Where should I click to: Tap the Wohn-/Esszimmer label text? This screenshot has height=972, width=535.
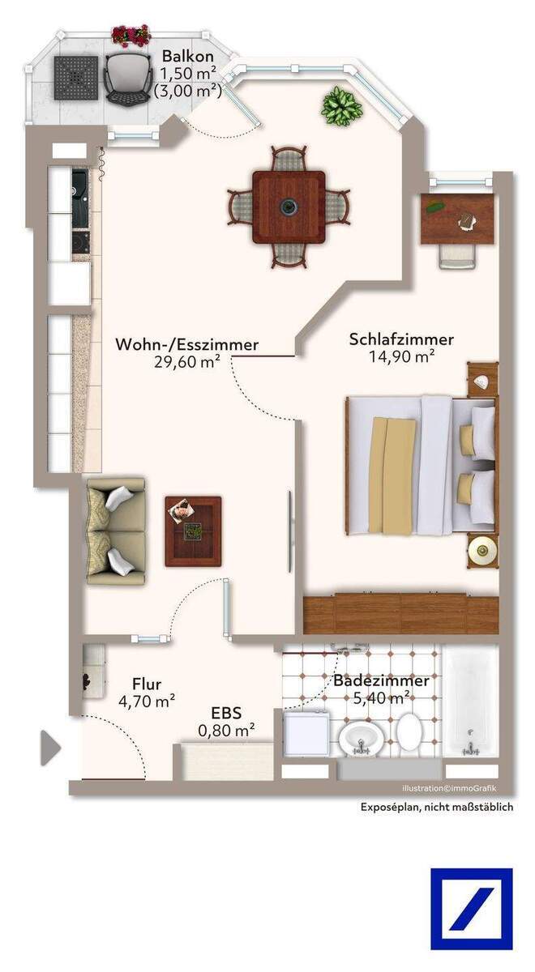(187, 344)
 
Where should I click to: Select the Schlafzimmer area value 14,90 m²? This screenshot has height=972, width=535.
(401, 356)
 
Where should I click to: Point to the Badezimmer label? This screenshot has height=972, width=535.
(381, 680)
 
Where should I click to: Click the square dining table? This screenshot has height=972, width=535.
(288, 207)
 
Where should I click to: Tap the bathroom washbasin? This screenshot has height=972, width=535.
(358, 737)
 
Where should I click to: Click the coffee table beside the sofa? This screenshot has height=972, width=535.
(193, 531)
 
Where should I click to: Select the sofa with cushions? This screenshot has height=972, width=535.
(116, 531)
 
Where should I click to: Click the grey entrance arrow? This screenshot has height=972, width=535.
(50, 748)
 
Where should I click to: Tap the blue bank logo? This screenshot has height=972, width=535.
(471, 908)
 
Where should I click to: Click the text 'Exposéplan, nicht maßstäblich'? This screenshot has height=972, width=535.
(436, 807)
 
